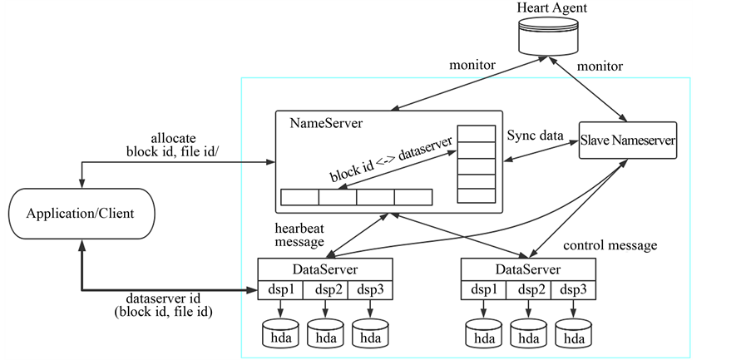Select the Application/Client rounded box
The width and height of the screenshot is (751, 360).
click(81, 215)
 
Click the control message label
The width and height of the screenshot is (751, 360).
click(610, 245)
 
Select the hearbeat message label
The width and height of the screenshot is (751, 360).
click(299, 234)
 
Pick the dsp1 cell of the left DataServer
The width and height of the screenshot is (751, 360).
click(279, 289)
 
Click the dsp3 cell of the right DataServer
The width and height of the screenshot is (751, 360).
click(573, 289)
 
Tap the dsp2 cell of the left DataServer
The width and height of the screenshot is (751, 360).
click(324, 289)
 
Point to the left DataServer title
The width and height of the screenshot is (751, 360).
click(324, 269)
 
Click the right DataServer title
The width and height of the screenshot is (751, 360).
click(528, 269)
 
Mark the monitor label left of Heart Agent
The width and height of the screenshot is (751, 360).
click(473, 64)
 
